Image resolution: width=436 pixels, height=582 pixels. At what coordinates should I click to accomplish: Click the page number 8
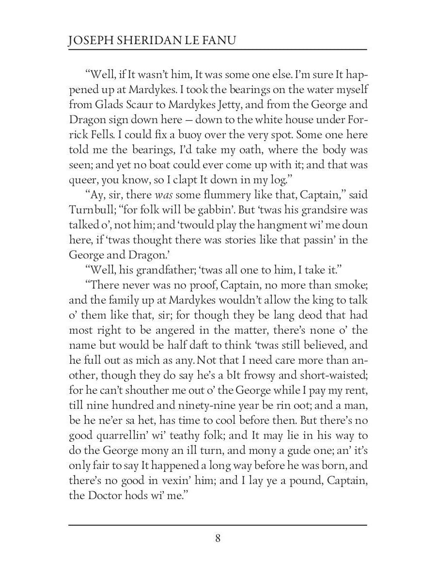218,538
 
